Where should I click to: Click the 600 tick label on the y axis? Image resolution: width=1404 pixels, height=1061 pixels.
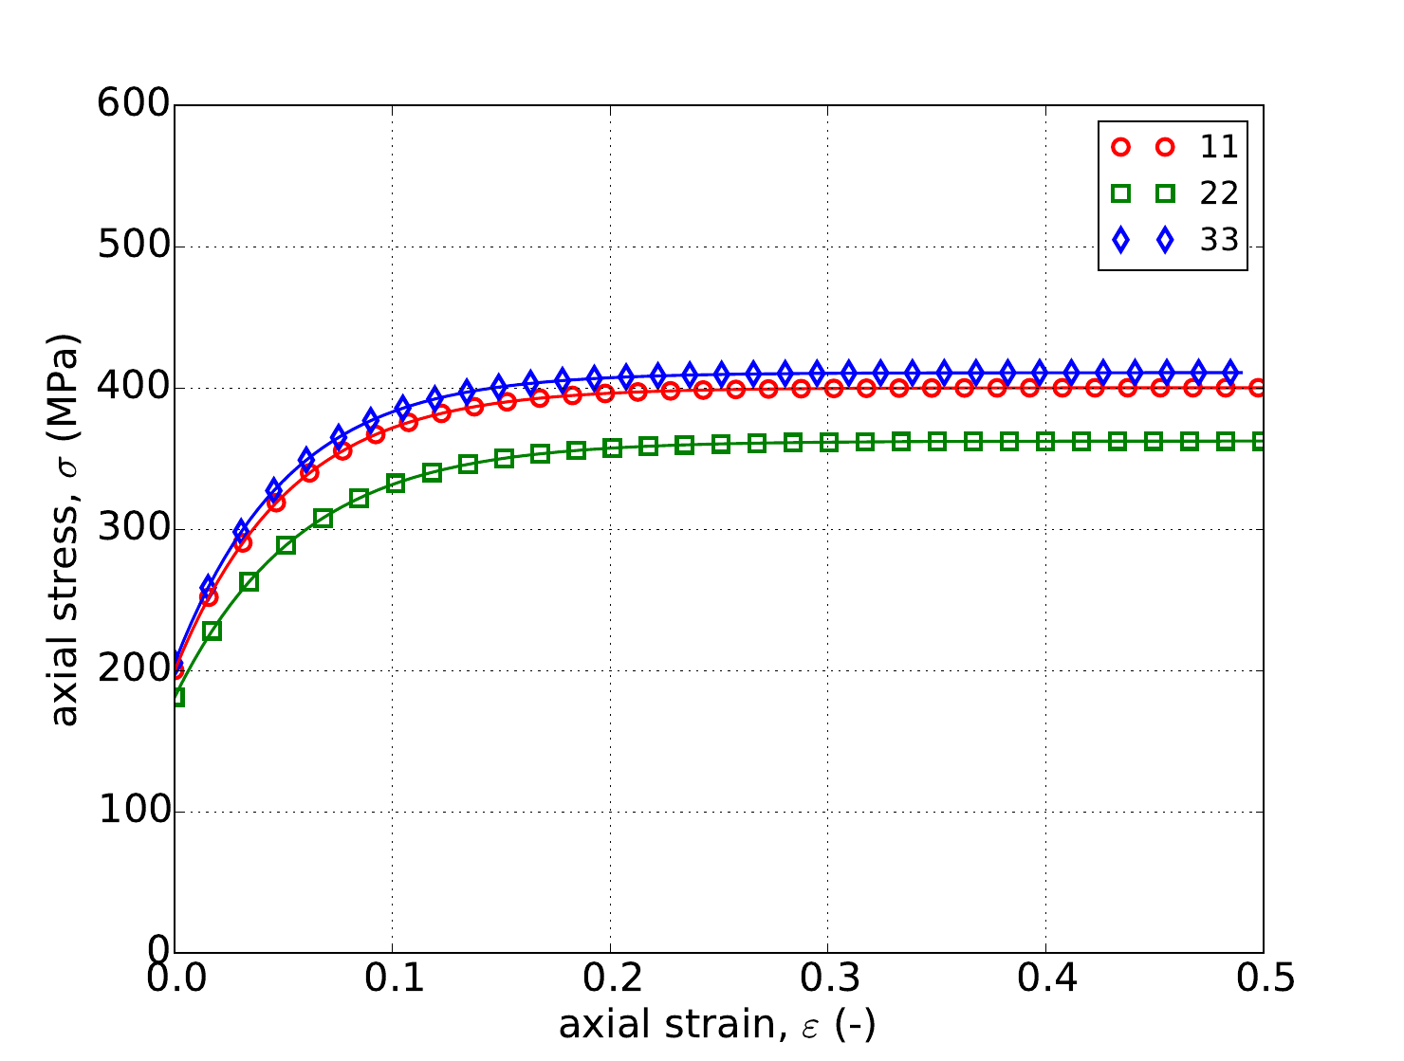tap(133, 105)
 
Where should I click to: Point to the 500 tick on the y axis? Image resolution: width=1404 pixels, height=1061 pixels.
tap(133, 247)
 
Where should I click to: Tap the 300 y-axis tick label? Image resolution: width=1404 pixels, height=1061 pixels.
tap(133, 529)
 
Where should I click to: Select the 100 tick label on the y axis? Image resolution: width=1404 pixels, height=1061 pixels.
tap(133, 812)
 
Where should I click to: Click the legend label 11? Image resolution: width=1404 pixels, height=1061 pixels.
tap(1219, 147)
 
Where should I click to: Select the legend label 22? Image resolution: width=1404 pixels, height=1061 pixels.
tap(1219, 193)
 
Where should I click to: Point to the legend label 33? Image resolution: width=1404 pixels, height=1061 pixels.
tap(1219, 241)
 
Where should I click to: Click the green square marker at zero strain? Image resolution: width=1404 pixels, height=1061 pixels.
tap(175, 698)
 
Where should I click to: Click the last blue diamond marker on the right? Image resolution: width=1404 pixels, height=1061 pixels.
tap(1230, 372)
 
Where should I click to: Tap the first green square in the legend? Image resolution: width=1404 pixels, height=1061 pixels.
tap(1121, 193)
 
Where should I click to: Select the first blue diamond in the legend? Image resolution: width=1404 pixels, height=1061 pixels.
tap(1121, 241)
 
